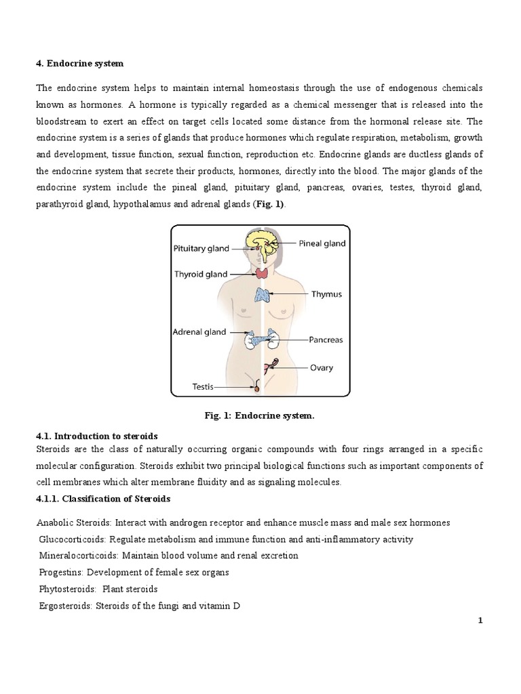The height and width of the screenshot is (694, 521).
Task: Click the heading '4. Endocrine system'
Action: point(81,63)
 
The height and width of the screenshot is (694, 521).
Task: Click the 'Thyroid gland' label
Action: point(201,274)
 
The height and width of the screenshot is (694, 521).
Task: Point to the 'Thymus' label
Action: point(326,295)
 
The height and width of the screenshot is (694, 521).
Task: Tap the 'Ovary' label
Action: point(322,368)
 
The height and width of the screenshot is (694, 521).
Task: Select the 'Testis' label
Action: point(202,387)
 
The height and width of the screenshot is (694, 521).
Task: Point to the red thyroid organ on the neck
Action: point(261,274)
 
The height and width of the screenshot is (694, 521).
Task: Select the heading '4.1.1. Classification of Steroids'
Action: point(103,499)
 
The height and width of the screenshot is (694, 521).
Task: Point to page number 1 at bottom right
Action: point(480,622)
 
